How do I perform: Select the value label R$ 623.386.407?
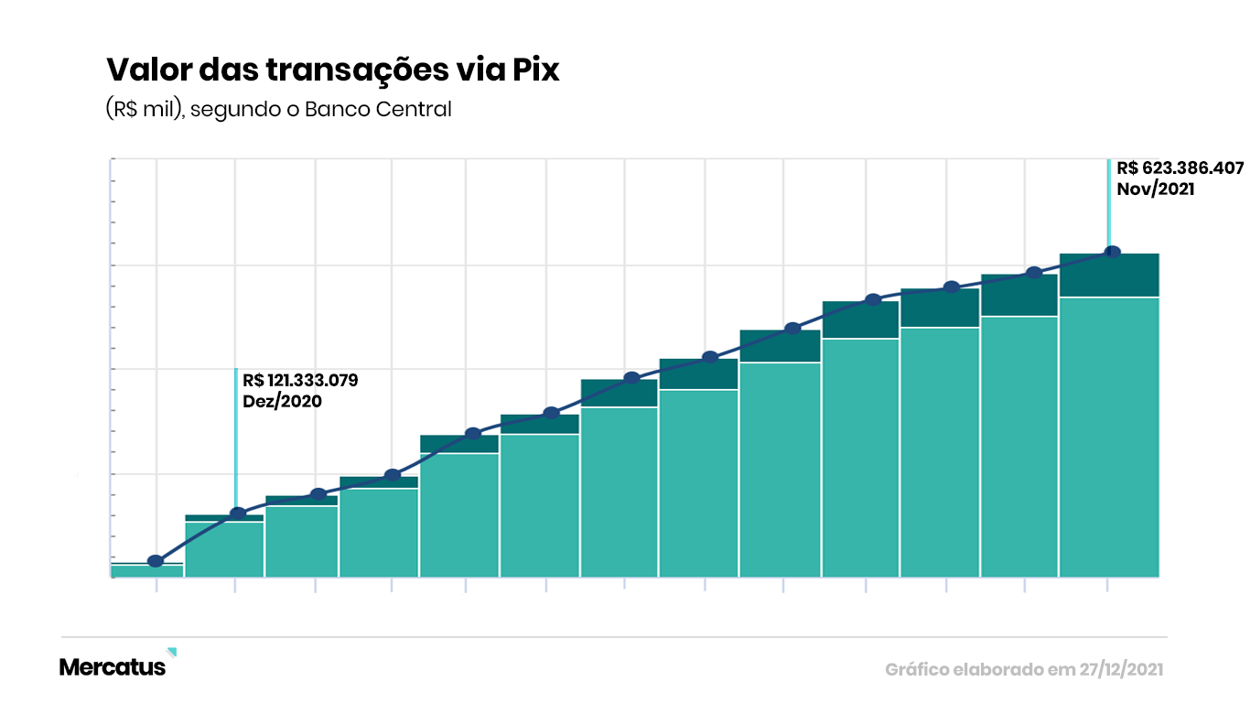[x=1180, y=168]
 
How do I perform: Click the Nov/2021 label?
[x=1155, y=189]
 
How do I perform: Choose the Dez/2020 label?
[x=282, y=401]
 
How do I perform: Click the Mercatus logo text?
[x=113, y=667]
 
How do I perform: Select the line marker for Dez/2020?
[x=237, y=514]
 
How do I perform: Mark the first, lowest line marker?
[x=156, y=561]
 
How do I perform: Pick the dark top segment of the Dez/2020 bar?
[x=224, y=518]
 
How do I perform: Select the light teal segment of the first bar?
[x=146, y=571]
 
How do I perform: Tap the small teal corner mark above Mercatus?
[x=172, y=652]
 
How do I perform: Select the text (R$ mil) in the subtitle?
[x=144, y=110]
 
